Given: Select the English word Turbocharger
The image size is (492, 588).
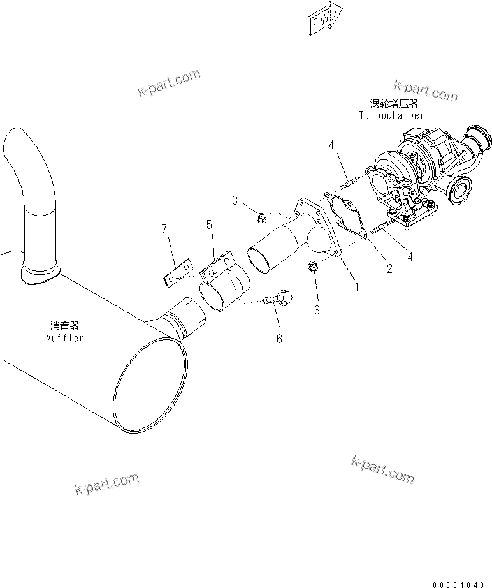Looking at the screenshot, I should coord(391,115).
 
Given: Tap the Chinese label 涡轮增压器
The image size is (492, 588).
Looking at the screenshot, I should coord(391,103).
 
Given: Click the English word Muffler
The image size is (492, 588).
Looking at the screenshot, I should coord(64,337).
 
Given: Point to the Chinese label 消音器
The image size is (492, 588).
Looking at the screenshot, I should coord(64,325).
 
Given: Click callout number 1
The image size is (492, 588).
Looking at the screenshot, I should coord(357,287).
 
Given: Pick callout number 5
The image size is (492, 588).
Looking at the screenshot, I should coord(209,224).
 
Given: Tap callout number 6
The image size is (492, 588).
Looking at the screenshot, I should coord(279,339).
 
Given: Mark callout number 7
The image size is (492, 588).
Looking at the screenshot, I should coord(164,228).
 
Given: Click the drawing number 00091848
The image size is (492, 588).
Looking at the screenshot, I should coord(459,584).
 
